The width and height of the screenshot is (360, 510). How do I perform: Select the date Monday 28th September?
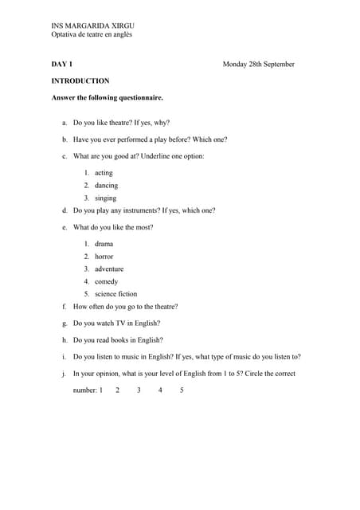click(258, 64)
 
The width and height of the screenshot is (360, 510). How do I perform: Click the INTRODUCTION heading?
click(80, 80)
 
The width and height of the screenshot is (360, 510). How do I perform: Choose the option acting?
click(104, 173)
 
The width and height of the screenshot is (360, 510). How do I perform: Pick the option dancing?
click(106, 186)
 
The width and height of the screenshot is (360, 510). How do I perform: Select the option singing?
click(105, 198)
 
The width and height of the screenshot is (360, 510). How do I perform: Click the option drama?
click(104, 244)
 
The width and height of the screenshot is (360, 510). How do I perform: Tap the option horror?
click(104, 257)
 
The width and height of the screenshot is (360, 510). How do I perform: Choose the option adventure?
click(109, 269)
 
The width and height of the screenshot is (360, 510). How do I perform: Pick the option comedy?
click(106, 282)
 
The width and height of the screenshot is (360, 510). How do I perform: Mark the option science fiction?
click(115, 294)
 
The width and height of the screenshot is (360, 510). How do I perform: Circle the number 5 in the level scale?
click(182, 390)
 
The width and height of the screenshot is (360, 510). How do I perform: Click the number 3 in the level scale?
click(139, 390)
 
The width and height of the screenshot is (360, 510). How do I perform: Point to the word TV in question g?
click(122, 324)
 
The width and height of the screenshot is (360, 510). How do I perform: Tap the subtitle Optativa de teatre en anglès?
click(92, 34)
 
